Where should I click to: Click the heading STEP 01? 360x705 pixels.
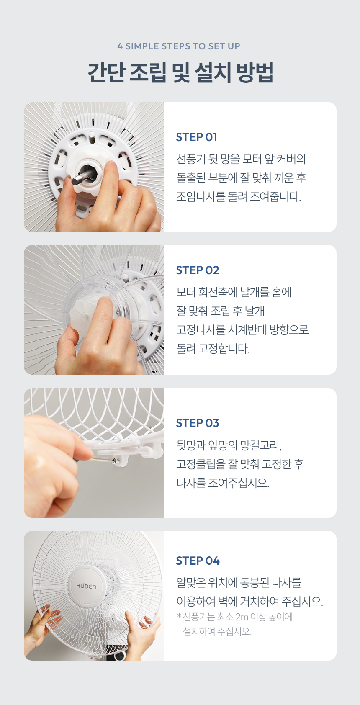coord(196,137)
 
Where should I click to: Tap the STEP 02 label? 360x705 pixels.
coord(197,270)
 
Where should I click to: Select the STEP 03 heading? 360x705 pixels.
coord(197,423)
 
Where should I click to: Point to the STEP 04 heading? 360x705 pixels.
coord(198,561)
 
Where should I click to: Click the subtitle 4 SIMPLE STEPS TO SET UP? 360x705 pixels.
coord(179,46)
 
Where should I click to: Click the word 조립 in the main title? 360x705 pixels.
coord(148,73)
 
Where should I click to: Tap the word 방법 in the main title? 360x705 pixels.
coord(255,73)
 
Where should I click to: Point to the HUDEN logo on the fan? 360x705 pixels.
coord(86,587)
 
